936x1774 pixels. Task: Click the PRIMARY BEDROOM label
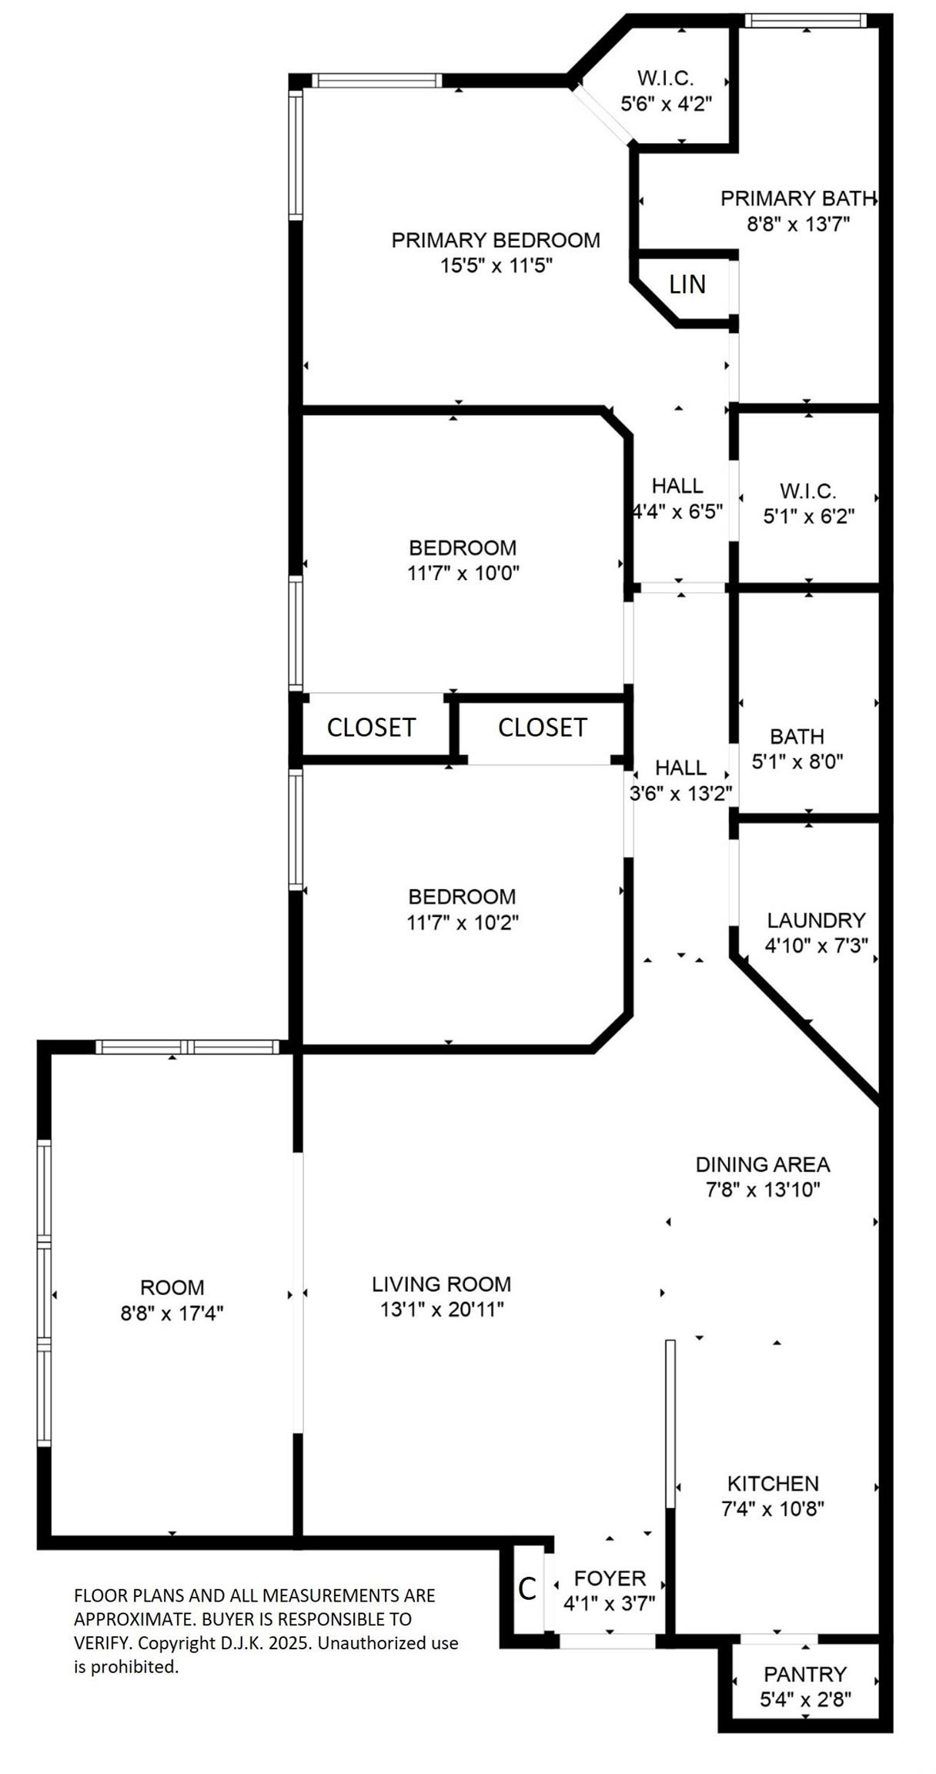(496, 240)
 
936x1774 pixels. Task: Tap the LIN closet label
(687, 285)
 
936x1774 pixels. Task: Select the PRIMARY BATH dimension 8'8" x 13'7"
(797, 224)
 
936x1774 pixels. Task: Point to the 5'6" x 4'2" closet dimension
(666, 103)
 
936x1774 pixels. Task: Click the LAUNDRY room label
(816, 920)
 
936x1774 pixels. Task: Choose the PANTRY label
(805, 1674)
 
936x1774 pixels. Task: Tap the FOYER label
(610, 1578)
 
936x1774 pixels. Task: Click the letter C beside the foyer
(527, 1588)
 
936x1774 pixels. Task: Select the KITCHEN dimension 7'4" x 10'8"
(773, 1508)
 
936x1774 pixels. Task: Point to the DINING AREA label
(763, 1164)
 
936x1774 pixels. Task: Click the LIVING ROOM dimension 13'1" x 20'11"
(442, 1309)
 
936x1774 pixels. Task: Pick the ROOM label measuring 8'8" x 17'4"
(172, 1287)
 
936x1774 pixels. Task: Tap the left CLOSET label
(371, 727)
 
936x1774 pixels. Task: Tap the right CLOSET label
(543, 727)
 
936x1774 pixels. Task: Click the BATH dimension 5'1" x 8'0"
(797, 761)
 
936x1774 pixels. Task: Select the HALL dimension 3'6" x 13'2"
(680, 793)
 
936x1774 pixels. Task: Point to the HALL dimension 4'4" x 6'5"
(677, 511)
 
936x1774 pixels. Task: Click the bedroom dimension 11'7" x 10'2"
(463, 922)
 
